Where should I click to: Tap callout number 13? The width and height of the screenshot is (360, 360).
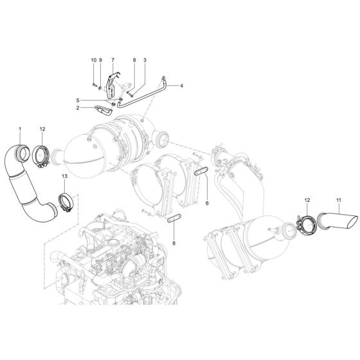(x=64, y=175)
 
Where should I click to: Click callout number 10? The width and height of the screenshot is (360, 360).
(x=94, y=60)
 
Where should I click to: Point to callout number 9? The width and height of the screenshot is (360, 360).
(x=101, y=60)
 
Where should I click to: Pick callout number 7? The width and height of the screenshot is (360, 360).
(x=113, y=60)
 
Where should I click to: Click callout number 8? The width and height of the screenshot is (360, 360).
(x=134, y=60)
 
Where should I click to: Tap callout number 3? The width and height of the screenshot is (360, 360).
(x=145, y=60)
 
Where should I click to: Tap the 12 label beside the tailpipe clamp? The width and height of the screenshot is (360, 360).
(x=307, y=201)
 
